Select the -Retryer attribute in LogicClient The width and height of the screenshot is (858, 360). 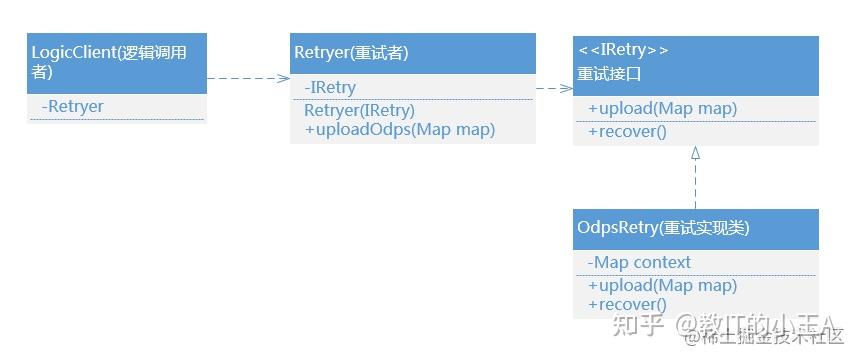click(73, 106)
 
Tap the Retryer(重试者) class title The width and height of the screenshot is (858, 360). click(351, 52)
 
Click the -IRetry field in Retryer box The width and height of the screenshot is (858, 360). click(330, 89)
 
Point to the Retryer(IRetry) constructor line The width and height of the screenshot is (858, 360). click(359, 110)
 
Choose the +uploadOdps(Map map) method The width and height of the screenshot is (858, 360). click(400, 129)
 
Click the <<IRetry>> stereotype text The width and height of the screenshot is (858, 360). click(623, 50)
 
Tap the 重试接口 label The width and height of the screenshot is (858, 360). click(609, 73)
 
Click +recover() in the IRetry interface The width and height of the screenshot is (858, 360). click(627, 131)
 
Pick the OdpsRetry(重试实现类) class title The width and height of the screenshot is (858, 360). click(663, 228)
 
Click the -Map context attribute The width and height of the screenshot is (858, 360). click(639, 262)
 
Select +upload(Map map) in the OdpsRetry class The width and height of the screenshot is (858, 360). click(662, 286)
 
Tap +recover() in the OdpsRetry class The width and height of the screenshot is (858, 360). click(627, 305)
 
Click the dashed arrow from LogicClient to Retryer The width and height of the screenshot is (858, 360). click(247, 77)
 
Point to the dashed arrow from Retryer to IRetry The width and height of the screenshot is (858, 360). click(553, 88)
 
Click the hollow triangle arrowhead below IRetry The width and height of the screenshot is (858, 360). click(695, 153)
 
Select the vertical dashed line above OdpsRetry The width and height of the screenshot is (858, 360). click(695, 185)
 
